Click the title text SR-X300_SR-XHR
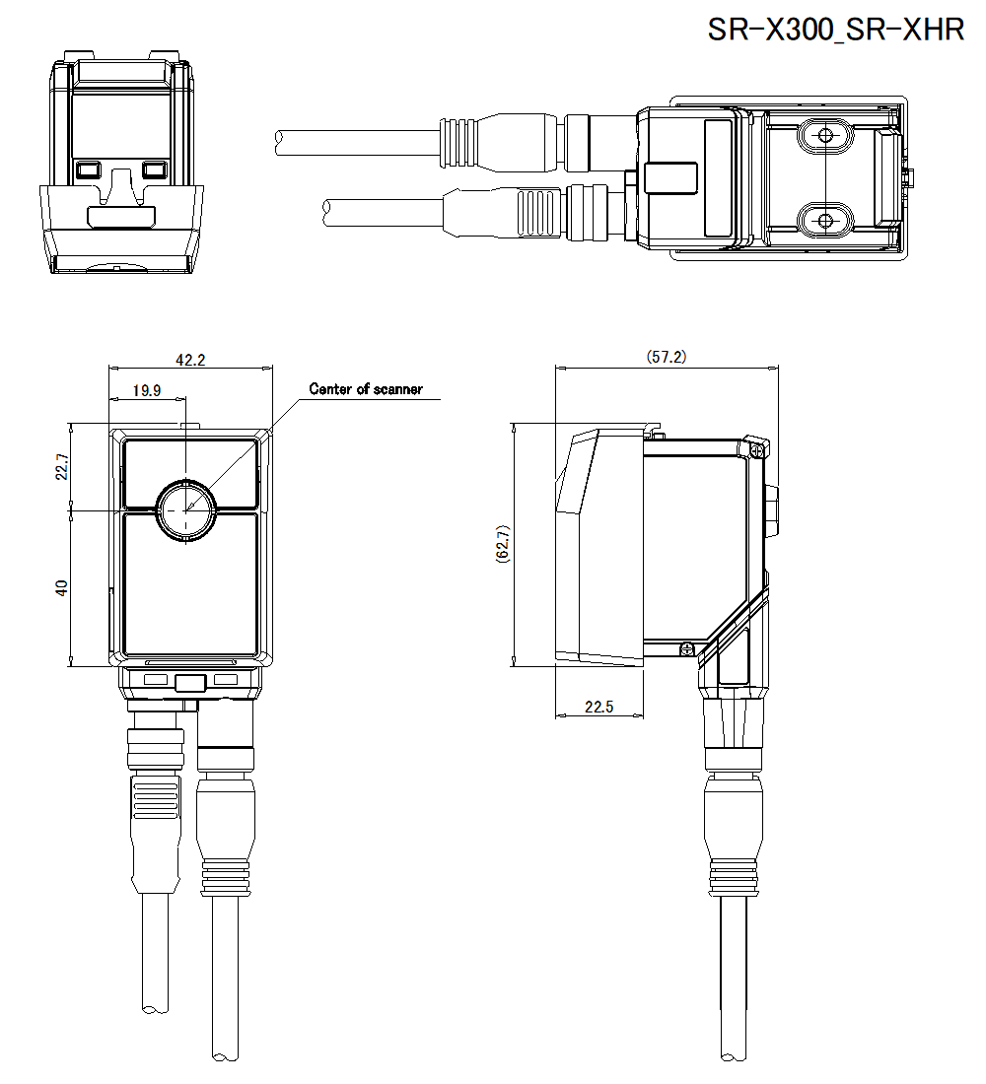(x=836, y=30)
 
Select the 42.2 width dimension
(x=189, y=360)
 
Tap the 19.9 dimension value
(x=147, y=390)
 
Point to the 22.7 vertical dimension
(x=61, y=467)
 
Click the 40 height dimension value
(x=61, y=588)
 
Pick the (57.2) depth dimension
(x=666, y=357)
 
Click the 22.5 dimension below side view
(x=599, y=707)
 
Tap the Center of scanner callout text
(x=366, y=389)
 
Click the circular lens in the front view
(x=185, y=510)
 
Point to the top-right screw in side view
(x=756, y=448)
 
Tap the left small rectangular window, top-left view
(x=87, y=169)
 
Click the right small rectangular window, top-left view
(x=154, y=169)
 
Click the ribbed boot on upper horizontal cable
(x=458, y=140)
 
